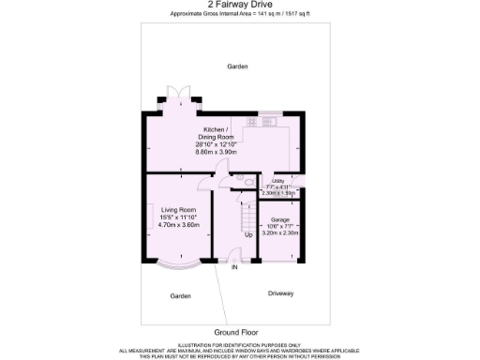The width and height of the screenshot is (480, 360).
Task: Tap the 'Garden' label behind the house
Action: (237, 67)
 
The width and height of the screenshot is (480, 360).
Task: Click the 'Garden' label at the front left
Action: (180, 295)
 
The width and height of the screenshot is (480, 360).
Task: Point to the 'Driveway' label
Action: (280, 293)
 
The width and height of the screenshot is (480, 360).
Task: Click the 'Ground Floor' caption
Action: (235, 332)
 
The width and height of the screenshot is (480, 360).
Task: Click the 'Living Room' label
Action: (178, 210)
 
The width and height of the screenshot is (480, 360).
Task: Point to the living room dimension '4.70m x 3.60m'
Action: (178, 225)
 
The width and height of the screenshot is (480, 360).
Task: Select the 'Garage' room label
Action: (279, 218)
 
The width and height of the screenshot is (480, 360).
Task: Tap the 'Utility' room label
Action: (278, 181)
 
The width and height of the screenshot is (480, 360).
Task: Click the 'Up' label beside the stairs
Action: (248, 234)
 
